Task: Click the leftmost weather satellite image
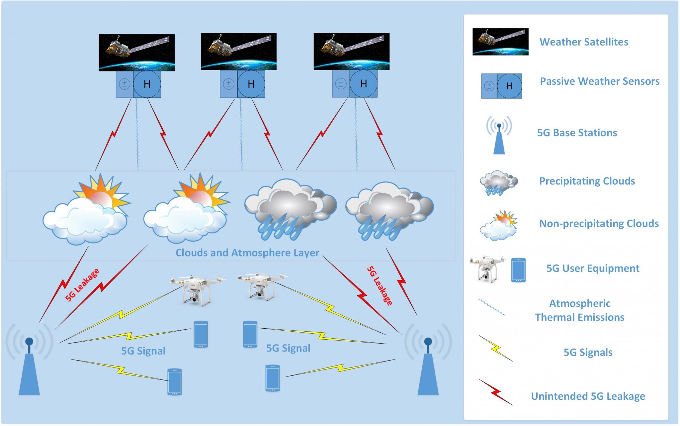pyautogui.click(x=136, y=52)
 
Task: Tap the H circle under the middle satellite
pyautogui.click(x=251, y=84)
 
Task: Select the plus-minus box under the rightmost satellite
pyautogui.click(x=341, y=84)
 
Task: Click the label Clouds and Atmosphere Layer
pyautogui.click(x=247, y=253)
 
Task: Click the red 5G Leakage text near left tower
pyautogui.click(x=82, y=285)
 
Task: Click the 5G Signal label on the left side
pyautogui.click(x=143, y=351)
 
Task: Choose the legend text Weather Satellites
pyautogui.click(x=584, y=42)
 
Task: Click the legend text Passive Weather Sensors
pyautogui.click(x=599, y=81)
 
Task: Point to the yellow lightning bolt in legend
pyautogui.click(x=495, y=348)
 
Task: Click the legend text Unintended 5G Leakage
pyautogui.click(x=588, y=396)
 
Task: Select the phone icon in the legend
pyautogui.click(x=518, y=270)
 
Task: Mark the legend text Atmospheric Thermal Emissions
pyautogui.click(x=579, y=310)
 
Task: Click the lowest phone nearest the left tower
pyautogui.click(x=175, y=382)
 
